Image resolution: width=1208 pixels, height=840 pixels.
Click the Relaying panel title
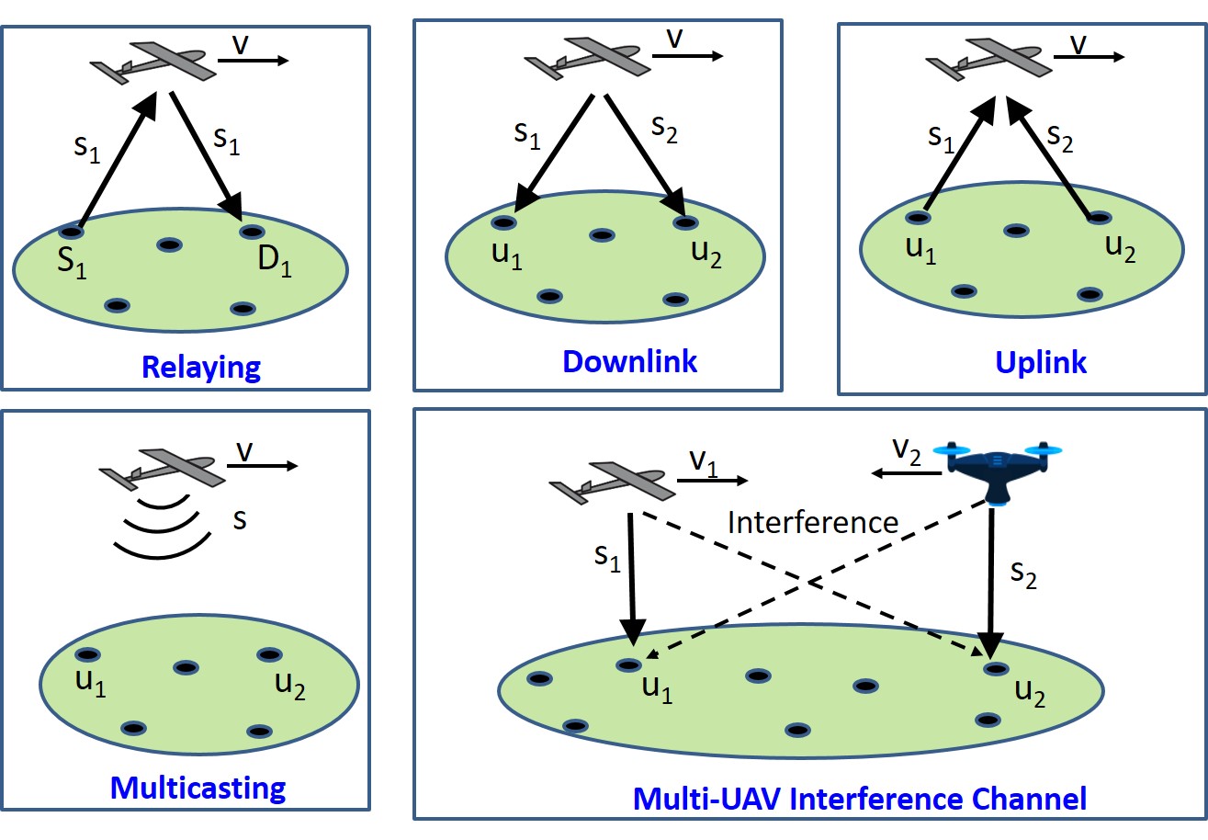[x=201, y=368]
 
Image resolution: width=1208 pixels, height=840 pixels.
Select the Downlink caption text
[x=629, y=361]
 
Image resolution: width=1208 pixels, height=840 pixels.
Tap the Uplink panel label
[x=1040, y=362]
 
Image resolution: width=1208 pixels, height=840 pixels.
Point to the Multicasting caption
[x=198, y=789]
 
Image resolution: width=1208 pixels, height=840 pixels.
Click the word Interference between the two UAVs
[x=813, y=522]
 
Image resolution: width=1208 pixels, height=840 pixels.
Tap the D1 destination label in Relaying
[x=275, y=261]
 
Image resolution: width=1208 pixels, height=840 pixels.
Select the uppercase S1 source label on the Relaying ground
[x=72, y=263]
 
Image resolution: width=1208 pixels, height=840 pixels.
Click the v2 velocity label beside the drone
[x=907, y=451]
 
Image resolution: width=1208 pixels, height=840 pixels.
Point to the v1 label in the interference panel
[x=704, y=463]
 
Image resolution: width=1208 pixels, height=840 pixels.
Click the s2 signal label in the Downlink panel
[x=664, y=130]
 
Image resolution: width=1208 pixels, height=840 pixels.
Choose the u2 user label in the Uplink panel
[x=1120, y=249]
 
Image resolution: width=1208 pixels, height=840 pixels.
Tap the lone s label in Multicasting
[x=240, y=519]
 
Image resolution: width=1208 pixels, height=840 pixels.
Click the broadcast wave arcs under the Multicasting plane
[x=162, y=528]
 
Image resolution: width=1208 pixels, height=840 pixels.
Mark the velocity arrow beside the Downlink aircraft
[x=687, y=55]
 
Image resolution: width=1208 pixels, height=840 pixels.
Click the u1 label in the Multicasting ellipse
[x=91, y=683]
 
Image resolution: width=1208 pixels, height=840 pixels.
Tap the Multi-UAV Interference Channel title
[x=860, y=799]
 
